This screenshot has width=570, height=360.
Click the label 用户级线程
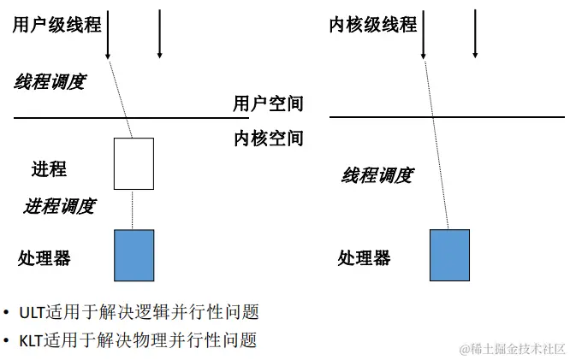click(56, 26)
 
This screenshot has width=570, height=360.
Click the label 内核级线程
click(373, 26)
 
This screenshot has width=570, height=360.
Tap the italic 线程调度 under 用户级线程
click(50, 82)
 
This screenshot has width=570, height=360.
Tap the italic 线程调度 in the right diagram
click(377, 176)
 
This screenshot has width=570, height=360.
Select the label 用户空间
click(269, 104)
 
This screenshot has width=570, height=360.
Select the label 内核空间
click(269, 139)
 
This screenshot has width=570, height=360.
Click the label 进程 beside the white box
click(49, 168)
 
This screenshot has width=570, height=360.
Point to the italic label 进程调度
click(59, 206)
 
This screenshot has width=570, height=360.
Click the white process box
click(134, 163)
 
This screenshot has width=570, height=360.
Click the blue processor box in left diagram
click(134, 255)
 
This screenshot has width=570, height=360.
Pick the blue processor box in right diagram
click(449, 255)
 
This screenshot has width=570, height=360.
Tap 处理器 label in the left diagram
click(45, 257)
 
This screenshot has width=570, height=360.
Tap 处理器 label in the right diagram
click(364, 257)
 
